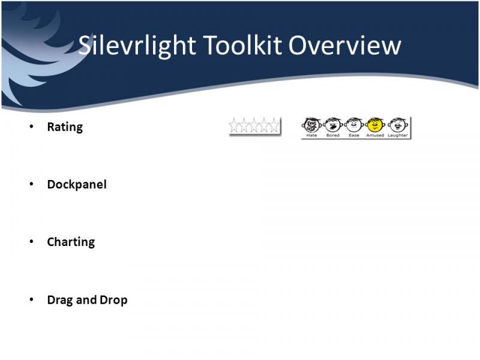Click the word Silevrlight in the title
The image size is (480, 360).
pyautogui.click(x=137, y=46)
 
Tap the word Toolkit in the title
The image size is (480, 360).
pyautogui.click(x=242, y=45)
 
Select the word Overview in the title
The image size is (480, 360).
pyautogui.click(x=344, y=45)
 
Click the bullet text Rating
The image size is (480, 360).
pyautogui.click(x=65, y=127)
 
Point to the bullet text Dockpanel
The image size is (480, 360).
pyautogui.click(x=77, y=185)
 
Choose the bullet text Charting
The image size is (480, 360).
pyautogui.click(x=71, y=242)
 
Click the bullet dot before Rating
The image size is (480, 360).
pyautogui.click(x=31, y=127)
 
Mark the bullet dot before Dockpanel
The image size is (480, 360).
pyautogui.click(x=31, y=184)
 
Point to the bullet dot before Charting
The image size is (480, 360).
pyautogui.click(x=31, y=242)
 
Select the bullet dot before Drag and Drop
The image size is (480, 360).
pyautogui.click(x=31, y=299)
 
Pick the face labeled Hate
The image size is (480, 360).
pyautogui.click(x=311, y=125)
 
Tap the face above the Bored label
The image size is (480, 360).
pyautogui.click(x=333, y=125)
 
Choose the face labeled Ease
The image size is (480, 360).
pyautogui.click(x=354, y=125)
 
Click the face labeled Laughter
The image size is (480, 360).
pyautogui.click(x=398, y=125)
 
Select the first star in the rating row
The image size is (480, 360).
pyautogui.click(x=234, y=125)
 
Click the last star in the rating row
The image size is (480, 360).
pyautogui.click(x=275, y=125)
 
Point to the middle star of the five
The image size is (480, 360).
pyautogui.click(x=254, y=125)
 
